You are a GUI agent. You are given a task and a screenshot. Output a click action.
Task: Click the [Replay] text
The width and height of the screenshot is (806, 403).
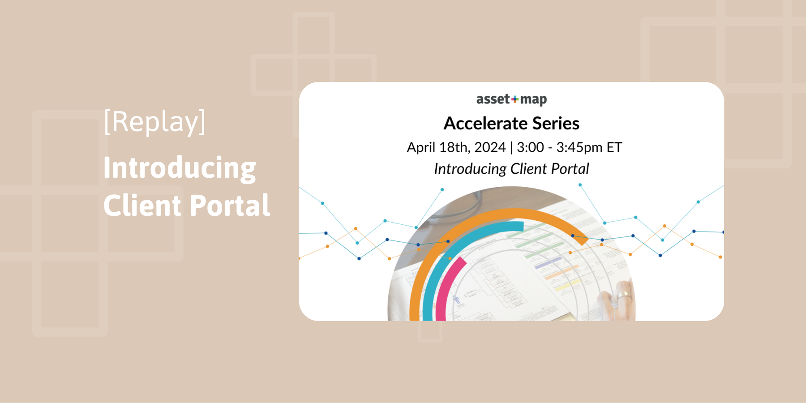(154, 122)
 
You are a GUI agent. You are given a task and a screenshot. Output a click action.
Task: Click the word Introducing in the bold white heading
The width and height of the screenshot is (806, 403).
(180, 168)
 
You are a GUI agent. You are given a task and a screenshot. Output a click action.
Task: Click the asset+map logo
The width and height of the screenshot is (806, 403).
(511, 99)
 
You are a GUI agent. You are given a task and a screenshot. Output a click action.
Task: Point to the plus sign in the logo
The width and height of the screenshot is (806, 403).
(515, 99)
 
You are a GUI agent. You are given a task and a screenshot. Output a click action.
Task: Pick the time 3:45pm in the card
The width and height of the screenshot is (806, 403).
(579, 147)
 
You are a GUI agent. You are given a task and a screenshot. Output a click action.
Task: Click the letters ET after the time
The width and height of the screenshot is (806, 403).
(614, 147)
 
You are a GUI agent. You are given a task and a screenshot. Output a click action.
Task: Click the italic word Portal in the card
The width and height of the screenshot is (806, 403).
(570, 169)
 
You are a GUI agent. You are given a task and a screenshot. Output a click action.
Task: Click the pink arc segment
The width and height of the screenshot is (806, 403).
(446, 287)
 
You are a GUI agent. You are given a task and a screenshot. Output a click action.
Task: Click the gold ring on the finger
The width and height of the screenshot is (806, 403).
(624, 296)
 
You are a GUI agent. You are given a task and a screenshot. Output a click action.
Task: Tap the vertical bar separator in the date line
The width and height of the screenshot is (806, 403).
(511, 147)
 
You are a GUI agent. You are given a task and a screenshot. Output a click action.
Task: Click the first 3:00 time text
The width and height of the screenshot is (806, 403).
(530, 147)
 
